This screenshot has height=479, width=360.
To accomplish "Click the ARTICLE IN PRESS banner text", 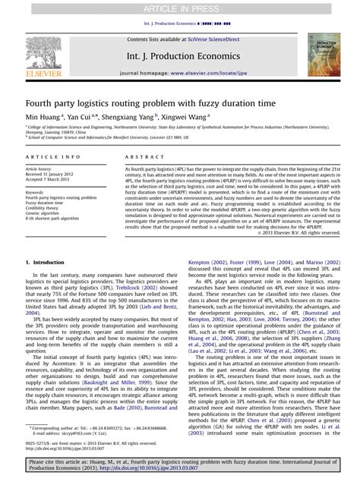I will click(179, 8).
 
